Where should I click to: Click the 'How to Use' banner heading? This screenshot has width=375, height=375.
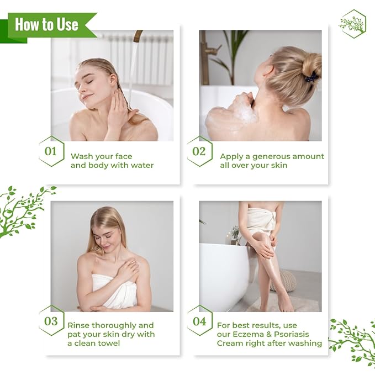click(46, 25)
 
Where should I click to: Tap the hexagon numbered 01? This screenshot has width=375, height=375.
click(51, 151)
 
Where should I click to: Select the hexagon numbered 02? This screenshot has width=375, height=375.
click(199, 151)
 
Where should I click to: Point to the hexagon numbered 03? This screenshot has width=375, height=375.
click(51, 321)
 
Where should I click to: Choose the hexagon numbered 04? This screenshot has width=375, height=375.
click(199, 321)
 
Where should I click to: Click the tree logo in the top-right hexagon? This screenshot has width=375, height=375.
click(352, 24)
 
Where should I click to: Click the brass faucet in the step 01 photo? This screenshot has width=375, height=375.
click(136, 36)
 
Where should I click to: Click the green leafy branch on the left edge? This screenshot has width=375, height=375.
click(22, 210)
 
